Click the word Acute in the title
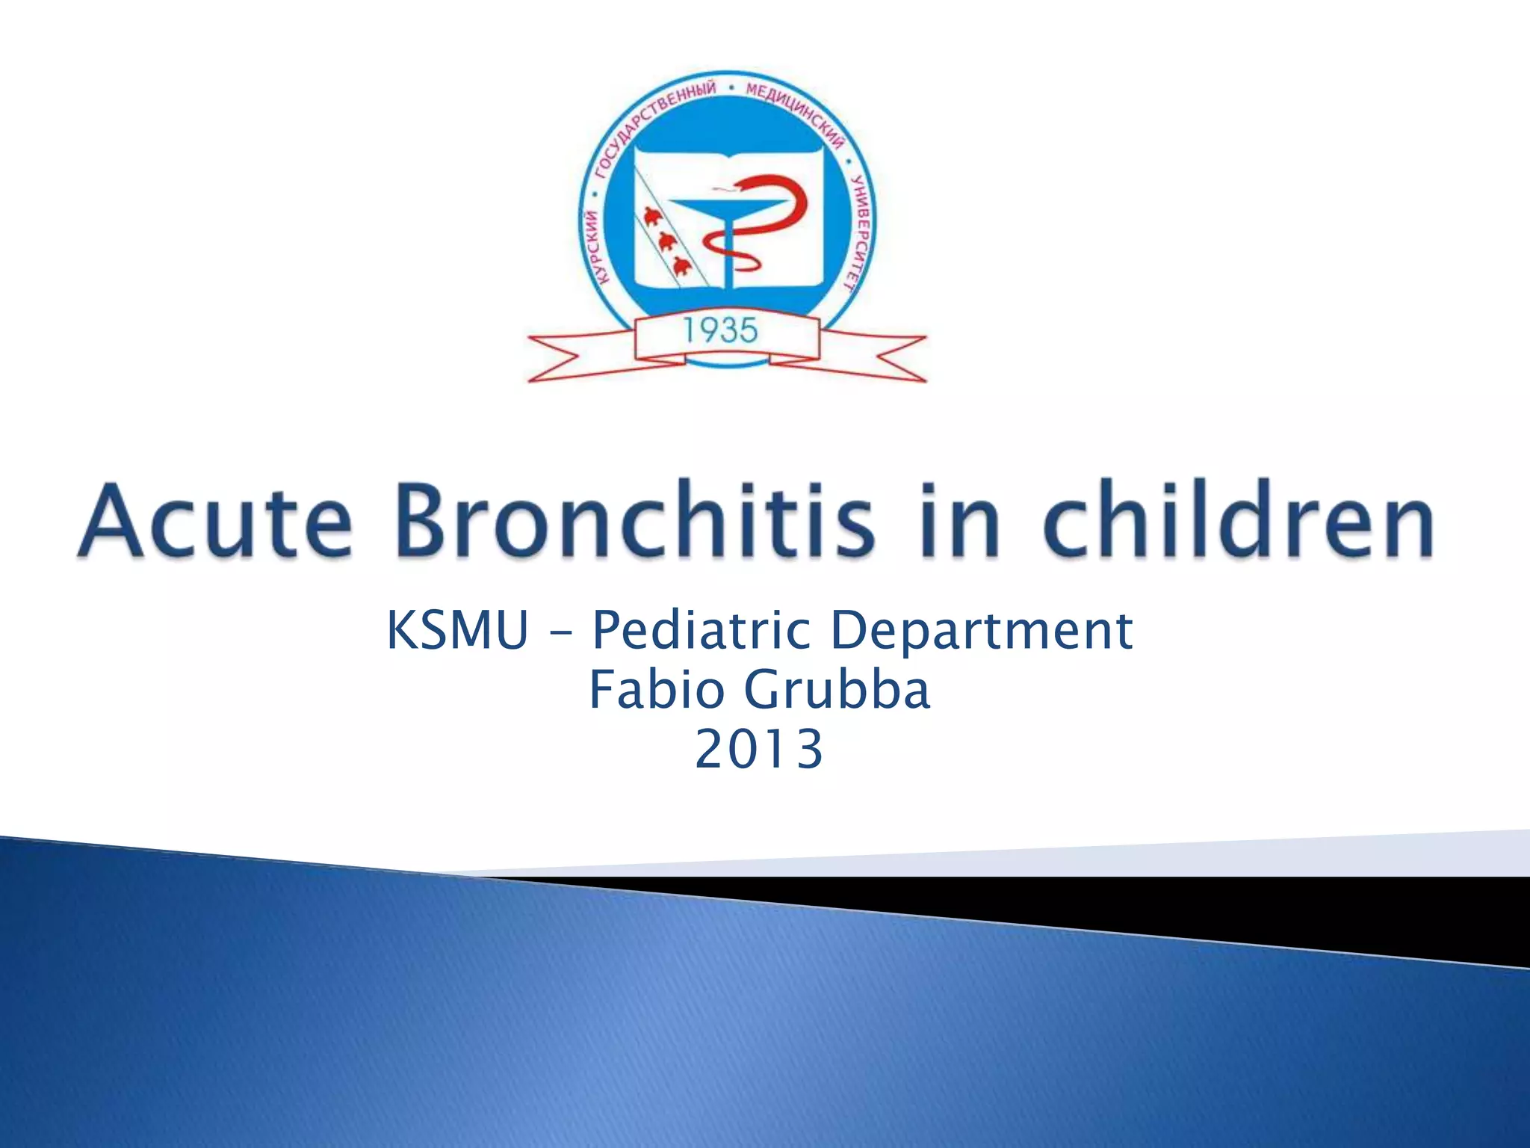(x=214, y=520)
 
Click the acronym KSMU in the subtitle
(x=457, y=630)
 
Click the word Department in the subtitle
(x=981, y=630)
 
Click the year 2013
(x=759, y=749)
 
